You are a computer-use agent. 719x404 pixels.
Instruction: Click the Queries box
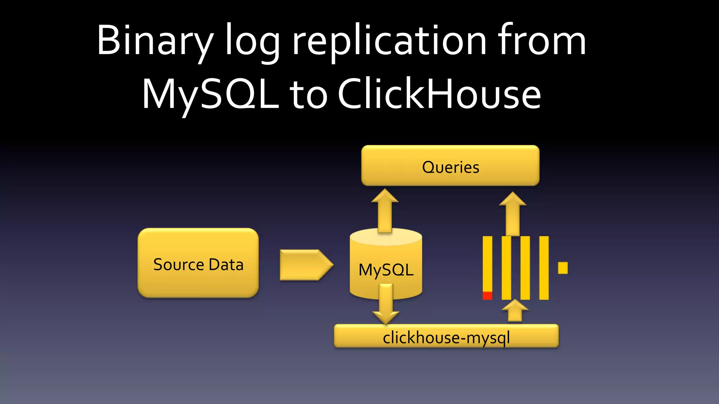(450, 166)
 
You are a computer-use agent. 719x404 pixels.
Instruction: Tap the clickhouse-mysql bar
(446, 337)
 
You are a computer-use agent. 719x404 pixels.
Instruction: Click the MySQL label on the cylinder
(386, 270)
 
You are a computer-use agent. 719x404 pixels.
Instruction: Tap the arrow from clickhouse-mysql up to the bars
(515, 311)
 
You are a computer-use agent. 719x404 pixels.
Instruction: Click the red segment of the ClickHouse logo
(487, 296)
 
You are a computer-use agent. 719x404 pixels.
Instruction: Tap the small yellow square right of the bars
(563, 268)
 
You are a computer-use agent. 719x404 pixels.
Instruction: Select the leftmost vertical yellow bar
(487, 263)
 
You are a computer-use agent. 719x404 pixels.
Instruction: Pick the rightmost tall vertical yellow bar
(544, 268)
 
